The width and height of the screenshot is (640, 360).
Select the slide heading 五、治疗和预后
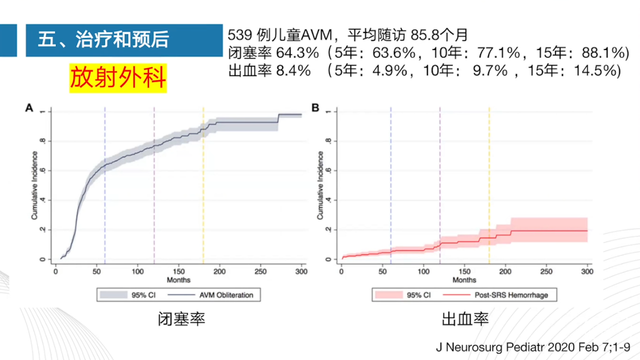click(103, 40)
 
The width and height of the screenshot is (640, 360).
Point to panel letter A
click(29, 108)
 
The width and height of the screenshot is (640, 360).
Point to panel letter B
click(315, 108)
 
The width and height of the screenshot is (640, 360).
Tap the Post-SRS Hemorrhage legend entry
click(511, 295)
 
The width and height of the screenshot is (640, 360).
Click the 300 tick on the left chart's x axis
click(301, 271)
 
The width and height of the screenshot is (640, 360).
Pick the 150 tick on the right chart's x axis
click(464, 271)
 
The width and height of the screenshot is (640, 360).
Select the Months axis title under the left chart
click(178, 279)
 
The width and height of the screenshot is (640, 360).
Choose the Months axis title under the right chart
click(464, 279)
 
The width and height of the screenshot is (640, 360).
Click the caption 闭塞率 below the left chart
click(181, 319)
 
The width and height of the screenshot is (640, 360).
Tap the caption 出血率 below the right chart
click(465, 319)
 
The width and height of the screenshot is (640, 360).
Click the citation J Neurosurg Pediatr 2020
click(533, 347)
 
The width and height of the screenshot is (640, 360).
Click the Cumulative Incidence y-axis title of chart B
click(320, 185)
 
